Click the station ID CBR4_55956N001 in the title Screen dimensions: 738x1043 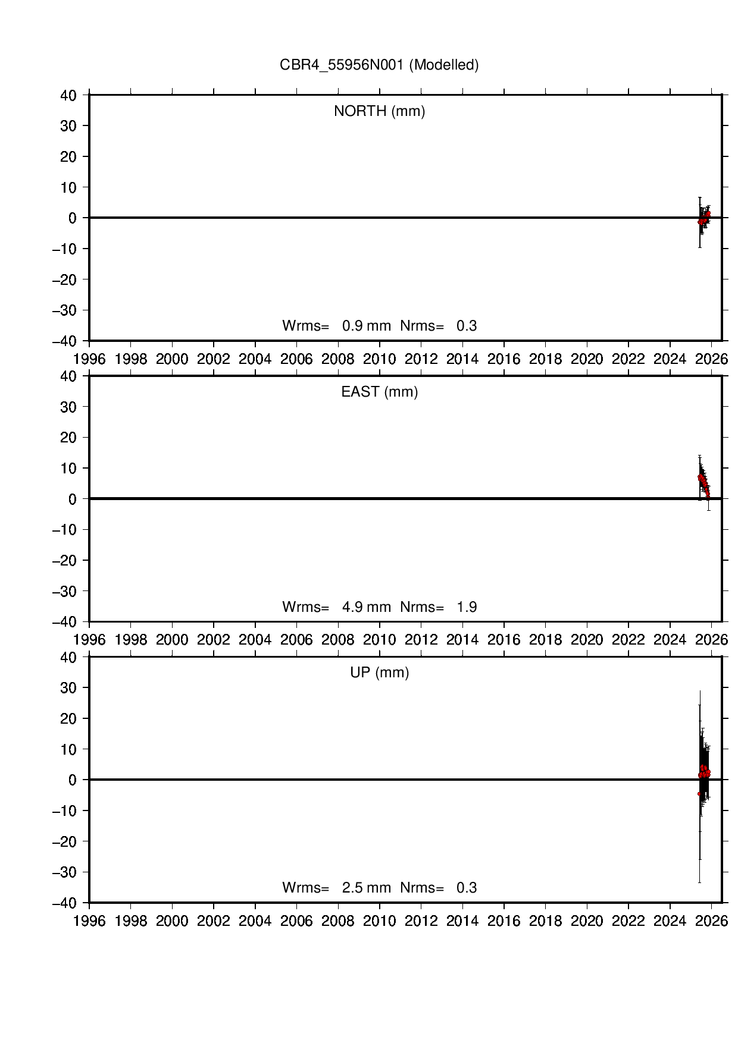342,65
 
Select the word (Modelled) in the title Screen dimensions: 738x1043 444,65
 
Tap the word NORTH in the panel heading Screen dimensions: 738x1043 360,111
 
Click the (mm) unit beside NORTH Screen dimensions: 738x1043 408,111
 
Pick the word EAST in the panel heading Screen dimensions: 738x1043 360,392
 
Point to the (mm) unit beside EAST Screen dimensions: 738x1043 401,392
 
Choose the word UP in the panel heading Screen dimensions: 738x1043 360,673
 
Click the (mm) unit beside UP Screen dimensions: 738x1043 392,673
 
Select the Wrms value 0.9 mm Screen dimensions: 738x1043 366,326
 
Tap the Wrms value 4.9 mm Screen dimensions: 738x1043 366,607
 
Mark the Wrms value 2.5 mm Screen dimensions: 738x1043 366,888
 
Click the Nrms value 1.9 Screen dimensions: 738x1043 467,607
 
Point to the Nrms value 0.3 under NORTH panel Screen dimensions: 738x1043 467,326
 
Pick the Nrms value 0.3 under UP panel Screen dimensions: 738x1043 467,888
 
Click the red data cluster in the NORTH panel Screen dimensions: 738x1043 704,218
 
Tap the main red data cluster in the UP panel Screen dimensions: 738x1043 704,772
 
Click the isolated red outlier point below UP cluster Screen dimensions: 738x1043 699,794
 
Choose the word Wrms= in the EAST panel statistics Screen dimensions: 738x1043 305,607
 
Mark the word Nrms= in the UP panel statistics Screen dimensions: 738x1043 422,888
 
